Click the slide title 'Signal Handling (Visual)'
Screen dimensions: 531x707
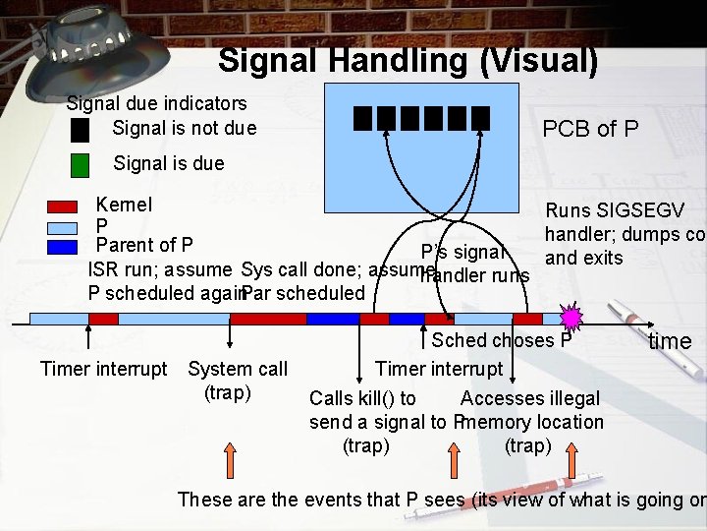408,61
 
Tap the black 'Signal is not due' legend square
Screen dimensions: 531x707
81,130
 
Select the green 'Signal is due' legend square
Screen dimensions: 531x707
81,164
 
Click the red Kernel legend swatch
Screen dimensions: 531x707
63,206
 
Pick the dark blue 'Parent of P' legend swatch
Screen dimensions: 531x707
63,246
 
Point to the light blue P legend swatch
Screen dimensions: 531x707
63,226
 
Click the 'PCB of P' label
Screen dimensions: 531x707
590,129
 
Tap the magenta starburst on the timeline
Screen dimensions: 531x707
571,317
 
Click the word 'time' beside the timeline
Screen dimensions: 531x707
670,341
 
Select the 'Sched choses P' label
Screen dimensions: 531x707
501,341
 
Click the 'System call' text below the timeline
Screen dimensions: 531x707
238,369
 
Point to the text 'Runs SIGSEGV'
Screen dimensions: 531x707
615,210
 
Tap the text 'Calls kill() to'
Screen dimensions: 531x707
362,398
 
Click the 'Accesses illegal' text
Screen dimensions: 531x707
529,398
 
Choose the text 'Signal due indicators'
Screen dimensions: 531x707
156,102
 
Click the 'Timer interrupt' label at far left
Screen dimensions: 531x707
103,369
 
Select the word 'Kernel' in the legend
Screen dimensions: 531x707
124,206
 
